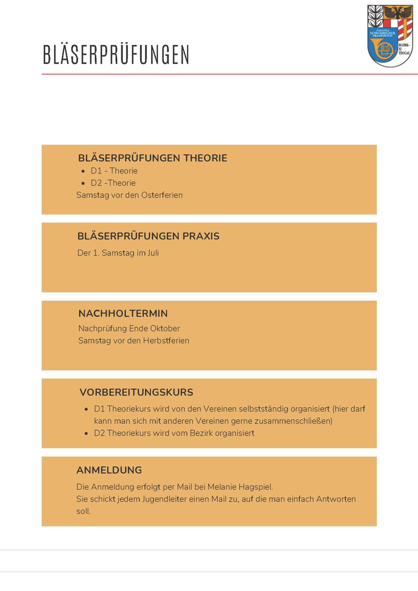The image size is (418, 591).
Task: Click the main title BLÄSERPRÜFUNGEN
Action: (x=116, y=54)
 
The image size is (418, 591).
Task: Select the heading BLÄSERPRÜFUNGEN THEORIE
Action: (x=153, y=158)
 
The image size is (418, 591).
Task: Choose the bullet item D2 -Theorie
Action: (x=113, y=183)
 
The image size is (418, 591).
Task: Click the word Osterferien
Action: (x=162, y=195)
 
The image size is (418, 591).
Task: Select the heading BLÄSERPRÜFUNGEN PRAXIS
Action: (x=148, y=236)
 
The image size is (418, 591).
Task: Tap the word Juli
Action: (x=153, y=253)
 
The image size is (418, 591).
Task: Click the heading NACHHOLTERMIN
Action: (x=123, y=314)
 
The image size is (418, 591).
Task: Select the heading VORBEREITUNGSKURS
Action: (x=136, y=392)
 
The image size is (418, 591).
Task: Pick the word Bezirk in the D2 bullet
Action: (x=201, y=433)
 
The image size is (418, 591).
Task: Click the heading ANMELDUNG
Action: (x=109, y=470)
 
